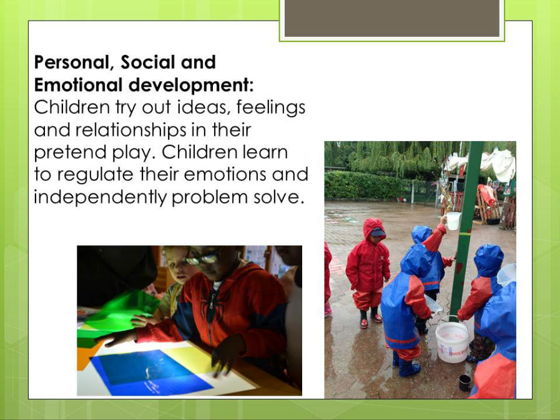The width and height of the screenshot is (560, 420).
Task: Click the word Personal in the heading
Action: coord(74,62)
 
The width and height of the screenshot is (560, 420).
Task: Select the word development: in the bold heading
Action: coord(191,85)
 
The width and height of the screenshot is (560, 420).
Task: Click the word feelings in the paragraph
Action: coord(271,108)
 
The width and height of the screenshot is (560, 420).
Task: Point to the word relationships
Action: coord(130,130)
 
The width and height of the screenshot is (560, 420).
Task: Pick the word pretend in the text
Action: coord(71,153)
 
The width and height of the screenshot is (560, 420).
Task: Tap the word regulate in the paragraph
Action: coord(96,175)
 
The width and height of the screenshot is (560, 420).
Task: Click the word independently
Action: coord(101,197)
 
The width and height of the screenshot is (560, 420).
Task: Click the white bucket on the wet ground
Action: coord(452,339)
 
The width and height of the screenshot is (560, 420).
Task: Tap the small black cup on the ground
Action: coord(464,383)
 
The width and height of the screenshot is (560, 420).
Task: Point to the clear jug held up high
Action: coord(453,221)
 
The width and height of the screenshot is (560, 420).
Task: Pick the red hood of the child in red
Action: coord(373,228)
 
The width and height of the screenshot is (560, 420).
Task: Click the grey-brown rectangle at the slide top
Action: coord(392,18)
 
